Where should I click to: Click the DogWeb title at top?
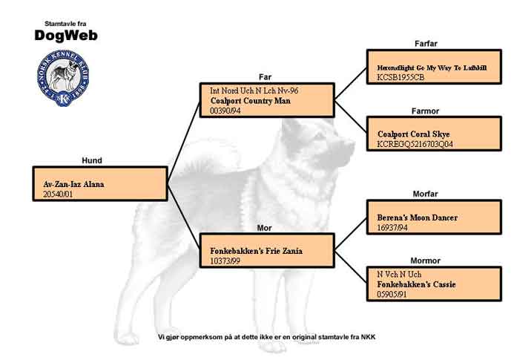(x=65, y=35)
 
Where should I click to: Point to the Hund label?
(x=92, y=160)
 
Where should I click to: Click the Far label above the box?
(x=265, y=76)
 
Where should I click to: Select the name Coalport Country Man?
(x=250, y=100)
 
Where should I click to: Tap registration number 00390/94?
(x=226, y=111)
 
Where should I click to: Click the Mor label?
(x=265, y=227)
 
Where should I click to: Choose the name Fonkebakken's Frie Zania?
(x=256, y=251)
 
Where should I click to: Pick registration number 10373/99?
(x=226, y=261)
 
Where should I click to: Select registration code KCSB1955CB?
(x=400, y=76)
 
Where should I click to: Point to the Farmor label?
(x=425, y=111)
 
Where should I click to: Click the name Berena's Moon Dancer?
(x=417, y=217)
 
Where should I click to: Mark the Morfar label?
(x=425, y=194)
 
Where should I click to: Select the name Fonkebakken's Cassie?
(x=416, y=284)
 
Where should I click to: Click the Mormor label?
(x=425, y=261)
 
